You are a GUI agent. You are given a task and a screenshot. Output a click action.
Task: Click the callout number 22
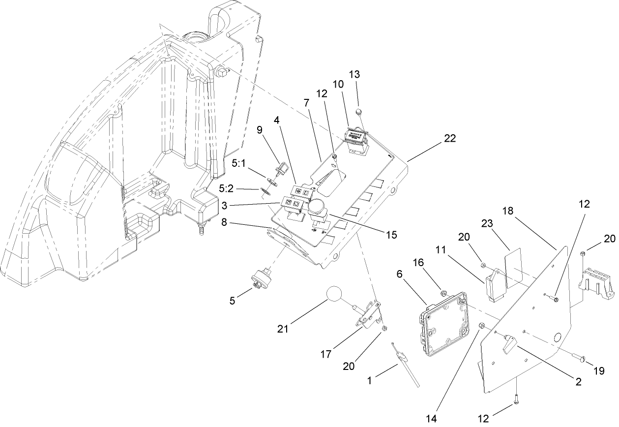pyautogui.click(x=449, y=139)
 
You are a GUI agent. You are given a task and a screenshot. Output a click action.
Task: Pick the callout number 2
pyautogui.click(x=578, y=382)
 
